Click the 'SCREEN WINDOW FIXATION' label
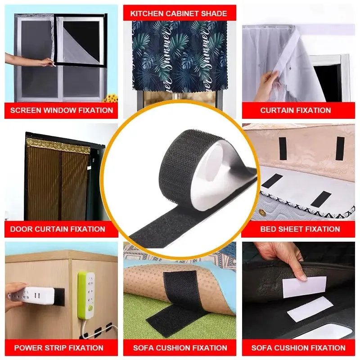(x=62, y=110)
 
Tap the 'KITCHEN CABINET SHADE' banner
(x=179, y=13)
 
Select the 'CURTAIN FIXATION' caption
(x=296, y=110)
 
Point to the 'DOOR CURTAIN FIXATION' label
(x=58, y=229)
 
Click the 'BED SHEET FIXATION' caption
(x=300, y=229)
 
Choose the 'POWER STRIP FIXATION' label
(x=59, y=348)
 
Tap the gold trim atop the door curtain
(x=58, y=145)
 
